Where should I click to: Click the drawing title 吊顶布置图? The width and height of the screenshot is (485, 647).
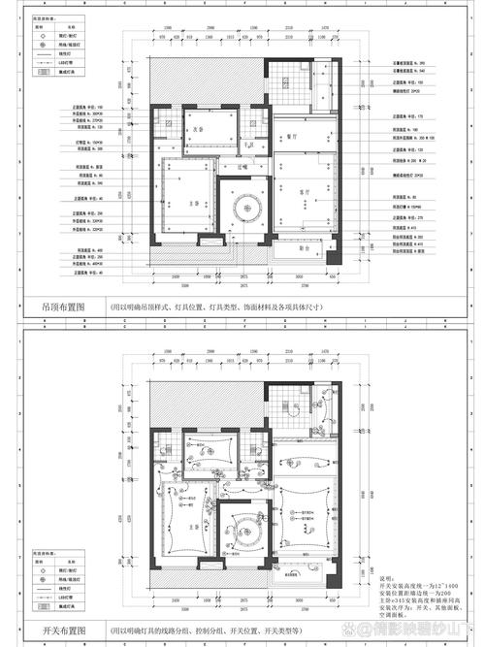63,306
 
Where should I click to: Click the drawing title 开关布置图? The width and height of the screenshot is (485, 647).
63,629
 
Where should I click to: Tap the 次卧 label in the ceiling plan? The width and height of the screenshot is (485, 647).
196,128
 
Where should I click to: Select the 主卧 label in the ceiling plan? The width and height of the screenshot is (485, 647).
193,202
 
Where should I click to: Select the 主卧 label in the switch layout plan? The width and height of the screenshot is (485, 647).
193,525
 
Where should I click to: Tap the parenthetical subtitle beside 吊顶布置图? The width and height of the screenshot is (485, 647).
213,306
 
